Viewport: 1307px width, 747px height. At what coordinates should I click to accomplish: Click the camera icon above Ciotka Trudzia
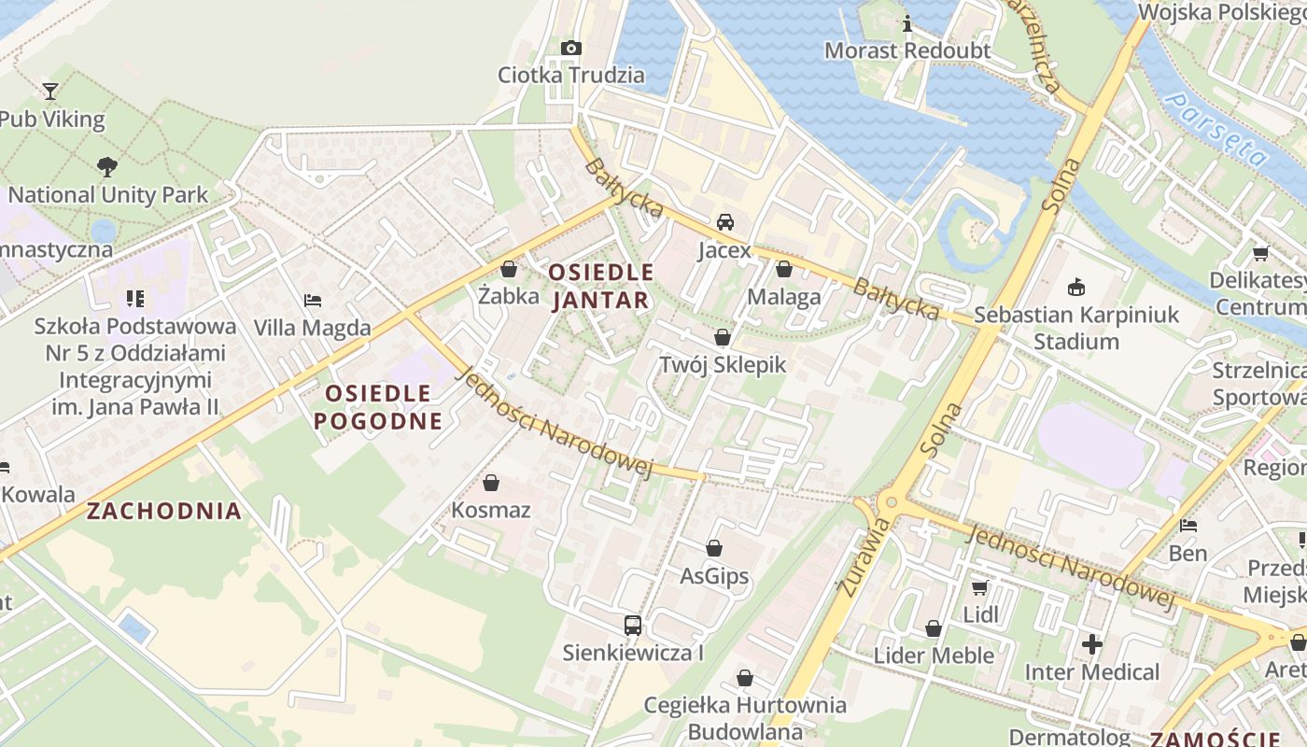570,48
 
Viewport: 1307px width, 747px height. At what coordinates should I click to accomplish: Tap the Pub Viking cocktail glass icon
50,91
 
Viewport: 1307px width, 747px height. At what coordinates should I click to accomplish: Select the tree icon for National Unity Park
107,167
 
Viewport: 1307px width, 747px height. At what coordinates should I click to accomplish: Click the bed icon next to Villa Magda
313,301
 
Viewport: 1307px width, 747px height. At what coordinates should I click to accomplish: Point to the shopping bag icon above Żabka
509,270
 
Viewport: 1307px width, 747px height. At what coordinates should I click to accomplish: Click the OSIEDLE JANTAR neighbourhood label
600,286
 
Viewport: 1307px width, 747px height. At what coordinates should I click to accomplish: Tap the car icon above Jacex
724,222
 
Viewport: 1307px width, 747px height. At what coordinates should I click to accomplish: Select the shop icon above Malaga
783,270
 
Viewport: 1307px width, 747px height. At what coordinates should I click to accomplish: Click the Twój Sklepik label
723,365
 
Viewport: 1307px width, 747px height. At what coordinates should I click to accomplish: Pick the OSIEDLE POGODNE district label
377,407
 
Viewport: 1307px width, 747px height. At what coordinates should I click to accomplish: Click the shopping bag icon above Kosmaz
491,483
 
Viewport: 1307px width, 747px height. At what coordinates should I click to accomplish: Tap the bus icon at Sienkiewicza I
633,626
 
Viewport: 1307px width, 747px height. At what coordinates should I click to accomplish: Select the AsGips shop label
714,576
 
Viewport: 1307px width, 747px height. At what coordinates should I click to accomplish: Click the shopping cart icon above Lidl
979,587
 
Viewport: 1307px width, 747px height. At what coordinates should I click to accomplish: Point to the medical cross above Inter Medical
1091,644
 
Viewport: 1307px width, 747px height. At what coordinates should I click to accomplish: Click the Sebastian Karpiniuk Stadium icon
1076,287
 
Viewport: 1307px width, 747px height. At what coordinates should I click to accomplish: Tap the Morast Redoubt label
906,50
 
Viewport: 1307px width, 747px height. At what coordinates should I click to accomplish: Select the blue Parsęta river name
1218,131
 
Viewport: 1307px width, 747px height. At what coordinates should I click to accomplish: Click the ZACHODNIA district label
163,511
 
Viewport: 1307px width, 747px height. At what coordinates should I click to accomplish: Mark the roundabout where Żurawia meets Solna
889,502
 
